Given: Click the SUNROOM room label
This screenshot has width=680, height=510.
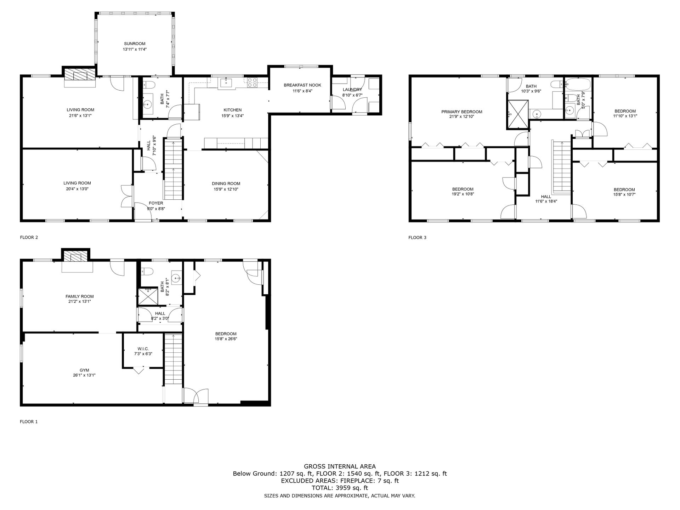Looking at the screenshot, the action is (135, 44).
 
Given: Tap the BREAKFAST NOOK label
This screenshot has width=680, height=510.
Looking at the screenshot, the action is (302, 85).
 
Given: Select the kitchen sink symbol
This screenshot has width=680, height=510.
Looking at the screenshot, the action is (226, 83).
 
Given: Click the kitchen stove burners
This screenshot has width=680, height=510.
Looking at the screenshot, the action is (252, 82).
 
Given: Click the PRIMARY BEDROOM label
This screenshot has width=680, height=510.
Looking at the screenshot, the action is (462, 112).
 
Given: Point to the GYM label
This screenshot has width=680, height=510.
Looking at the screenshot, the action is (84, 370).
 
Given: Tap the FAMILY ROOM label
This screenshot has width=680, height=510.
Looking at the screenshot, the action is (80, 296).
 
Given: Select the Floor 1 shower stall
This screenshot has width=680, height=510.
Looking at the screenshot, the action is (148, 296).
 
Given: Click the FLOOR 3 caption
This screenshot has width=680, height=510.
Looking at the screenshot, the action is (417, 238).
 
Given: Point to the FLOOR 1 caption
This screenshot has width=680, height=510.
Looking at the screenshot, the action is (29, 422).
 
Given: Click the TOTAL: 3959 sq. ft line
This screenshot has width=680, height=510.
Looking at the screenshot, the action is (340, 488).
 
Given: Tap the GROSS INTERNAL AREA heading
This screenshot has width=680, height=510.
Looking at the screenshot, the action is (340, 466).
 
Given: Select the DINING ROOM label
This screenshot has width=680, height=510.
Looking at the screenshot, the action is (226, 183).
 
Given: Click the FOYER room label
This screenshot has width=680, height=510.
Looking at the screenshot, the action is (156, 203).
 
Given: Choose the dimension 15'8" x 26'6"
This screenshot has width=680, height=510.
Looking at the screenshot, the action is (226, 339).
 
